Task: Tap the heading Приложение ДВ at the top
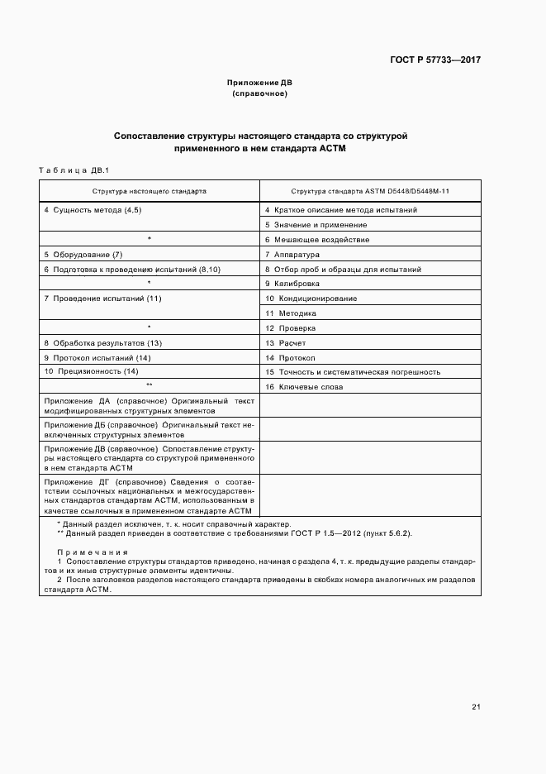coord(259,84)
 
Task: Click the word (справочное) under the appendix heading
coord(259,94)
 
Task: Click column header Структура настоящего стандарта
coord(150,190)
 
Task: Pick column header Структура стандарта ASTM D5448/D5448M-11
coord(368,190)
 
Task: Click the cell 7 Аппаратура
coord(292,255)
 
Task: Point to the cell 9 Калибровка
coord(292,284)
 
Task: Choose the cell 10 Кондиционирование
coord(311,298)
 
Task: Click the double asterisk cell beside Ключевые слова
coord(150,387)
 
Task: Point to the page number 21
coord(476,707)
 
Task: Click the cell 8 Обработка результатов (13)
coord(102,342)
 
